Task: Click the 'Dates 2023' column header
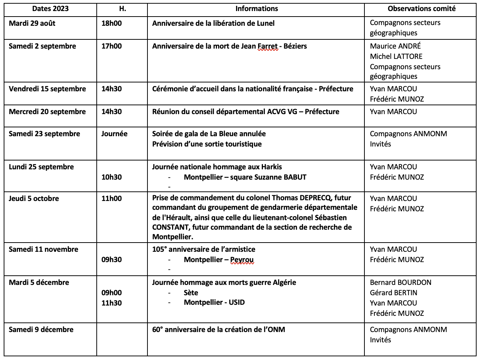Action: (x=50, y=9)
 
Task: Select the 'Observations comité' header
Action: (x=421, y=9)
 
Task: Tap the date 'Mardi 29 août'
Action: (x=32, y=23)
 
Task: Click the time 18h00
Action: (x=111, y=23)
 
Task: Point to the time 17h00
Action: (x=111, y=46)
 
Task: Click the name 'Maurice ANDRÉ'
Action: (x=395, y=46)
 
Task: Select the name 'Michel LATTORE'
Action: (x=396, y=56)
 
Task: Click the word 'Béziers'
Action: (x=295, y=46)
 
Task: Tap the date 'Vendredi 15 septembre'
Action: (x=47, y=89)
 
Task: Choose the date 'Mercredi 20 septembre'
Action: (x=47, y=112)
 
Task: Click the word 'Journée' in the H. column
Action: (x=114, y=134)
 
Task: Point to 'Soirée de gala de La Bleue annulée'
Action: (x=209, y=134)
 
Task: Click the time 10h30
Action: (x=111, y=177)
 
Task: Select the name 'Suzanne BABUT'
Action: (x=284, y=177)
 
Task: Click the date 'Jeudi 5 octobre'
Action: (x=34, y=198)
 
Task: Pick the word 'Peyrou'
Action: (x=242, y=260)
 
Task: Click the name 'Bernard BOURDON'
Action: (x=400, y=282)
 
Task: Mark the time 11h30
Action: (x=111, y=303)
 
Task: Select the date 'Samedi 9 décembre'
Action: (x=41, y=329)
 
